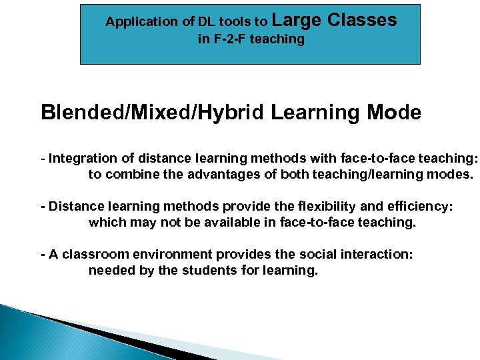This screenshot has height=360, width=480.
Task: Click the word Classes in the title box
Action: [x=362, y=21]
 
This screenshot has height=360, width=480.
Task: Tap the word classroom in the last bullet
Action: [x=89, y=255]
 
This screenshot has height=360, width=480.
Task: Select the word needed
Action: [x=109, y=271]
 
